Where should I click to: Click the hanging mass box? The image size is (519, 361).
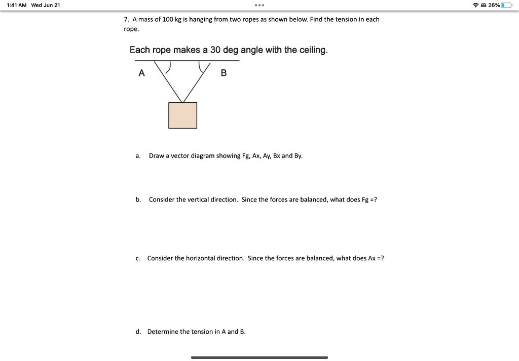coord(182,115)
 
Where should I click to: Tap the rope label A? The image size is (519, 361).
coord(141,73)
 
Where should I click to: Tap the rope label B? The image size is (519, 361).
coord(224,73)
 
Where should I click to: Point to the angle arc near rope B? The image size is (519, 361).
coord(201,67)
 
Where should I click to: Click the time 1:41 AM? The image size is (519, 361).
coord(16,5)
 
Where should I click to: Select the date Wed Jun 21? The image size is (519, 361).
coord(46,5)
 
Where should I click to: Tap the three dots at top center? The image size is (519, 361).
coord(259,6)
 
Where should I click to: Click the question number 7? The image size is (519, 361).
coord(126,19)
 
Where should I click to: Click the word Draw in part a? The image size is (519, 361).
coord(156,156)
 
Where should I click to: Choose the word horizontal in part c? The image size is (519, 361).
coord(193,258)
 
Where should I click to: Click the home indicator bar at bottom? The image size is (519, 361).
coord(259,357)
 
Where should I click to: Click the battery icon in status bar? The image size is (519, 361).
coord(507,5)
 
